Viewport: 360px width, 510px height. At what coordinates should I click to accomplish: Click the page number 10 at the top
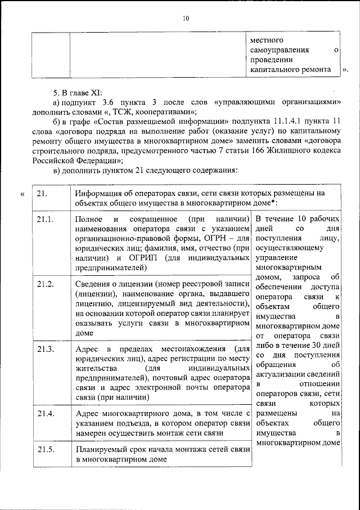pos(186,19)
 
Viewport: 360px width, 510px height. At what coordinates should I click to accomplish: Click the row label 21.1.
pos(45,218)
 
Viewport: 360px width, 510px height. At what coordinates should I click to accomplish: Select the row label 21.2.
pos(45,283)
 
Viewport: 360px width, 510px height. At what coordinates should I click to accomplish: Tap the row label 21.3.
pos(45,349)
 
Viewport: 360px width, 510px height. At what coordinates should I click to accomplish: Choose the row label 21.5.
pos(45,449)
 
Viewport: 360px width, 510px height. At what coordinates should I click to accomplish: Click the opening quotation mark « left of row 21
pos(22,194)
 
